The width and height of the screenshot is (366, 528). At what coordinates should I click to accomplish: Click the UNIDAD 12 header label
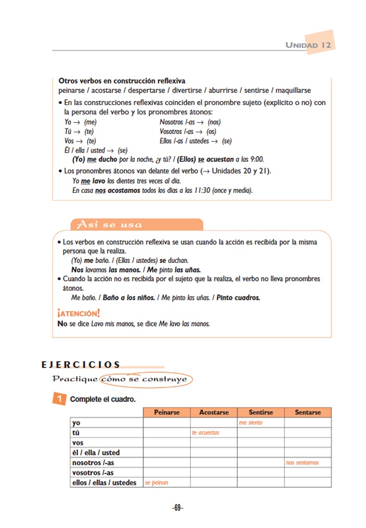click(x=308, y=45)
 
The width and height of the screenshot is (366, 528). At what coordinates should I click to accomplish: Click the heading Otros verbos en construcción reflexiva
click(x=122, y=82)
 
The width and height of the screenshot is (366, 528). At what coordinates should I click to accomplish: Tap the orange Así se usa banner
click(x=109, y=225)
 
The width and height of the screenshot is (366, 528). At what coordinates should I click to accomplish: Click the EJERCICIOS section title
click(x=81, y=365)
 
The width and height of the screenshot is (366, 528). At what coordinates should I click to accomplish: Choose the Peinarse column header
click(x=167, y=412)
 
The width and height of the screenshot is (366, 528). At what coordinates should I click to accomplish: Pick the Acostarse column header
click(x=214, y=412)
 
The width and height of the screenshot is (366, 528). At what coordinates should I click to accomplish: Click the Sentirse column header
click(x=261, y=412)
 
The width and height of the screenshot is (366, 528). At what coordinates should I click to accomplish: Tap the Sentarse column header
click(x=307, y=412)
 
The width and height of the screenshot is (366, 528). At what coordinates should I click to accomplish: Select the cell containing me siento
click(x=261, y=422)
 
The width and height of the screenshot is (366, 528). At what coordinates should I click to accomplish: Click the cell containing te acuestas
click(x=214, y=432)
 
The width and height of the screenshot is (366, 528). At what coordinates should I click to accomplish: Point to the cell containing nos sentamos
click(x=307, y=463)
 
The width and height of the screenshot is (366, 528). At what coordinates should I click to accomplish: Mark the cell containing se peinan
click(x=167, y=483)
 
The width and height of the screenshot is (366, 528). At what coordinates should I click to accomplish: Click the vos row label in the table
click(x=78, y=443)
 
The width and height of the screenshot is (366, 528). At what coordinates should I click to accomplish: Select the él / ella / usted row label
click(x=96, y=453)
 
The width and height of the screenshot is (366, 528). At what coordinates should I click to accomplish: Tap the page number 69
click(x=178, y=508)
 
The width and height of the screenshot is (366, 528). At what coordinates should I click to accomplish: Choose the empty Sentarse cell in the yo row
click(x=307, y=422)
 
